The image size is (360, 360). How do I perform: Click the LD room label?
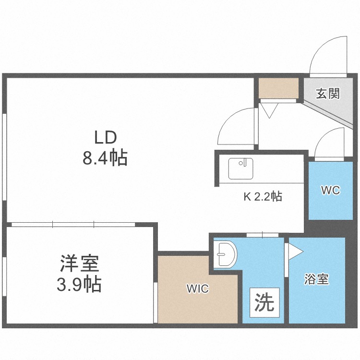coord(105,138)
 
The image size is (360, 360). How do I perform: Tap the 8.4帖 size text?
coord(105,157)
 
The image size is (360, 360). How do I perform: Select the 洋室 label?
coord(79,265)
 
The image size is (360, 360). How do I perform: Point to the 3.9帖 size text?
coord(79,285)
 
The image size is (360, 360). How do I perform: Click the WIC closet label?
coord(197,289)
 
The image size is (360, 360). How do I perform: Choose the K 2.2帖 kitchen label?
coord(261,196)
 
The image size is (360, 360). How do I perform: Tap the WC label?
coord(330,190)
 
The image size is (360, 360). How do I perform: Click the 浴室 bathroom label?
coord(317,279)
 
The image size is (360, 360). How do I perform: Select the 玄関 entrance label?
coord(328,93)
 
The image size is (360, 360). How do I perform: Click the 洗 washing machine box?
coord(264,302)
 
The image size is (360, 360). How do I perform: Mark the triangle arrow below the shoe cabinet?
coord(268,110)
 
